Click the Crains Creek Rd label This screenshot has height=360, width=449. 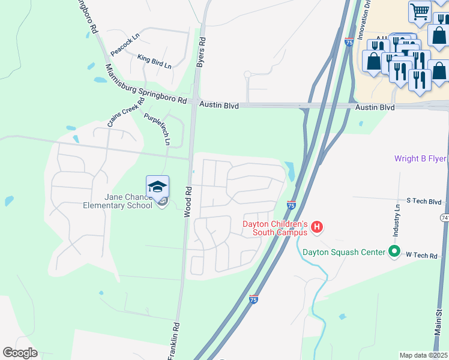[x=126, y=111]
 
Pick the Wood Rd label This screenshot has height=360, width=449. [x=188, y=201]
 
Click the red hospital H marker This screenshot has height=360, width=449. [x=317, y=227]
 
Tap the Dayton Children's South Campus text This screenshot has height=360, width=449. [x=275, y=228]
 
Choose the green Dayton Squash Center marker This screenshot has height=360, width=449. [x=394, y=251]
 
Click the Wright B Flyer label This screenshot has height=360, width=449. [x=420, y=159]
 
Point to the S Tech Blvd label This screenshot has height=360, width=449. [x=424, y=202]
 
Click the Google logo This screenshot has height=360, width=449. [x=20, y=353]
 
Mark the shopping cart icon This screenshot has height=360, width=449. [x=420, y=10]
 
